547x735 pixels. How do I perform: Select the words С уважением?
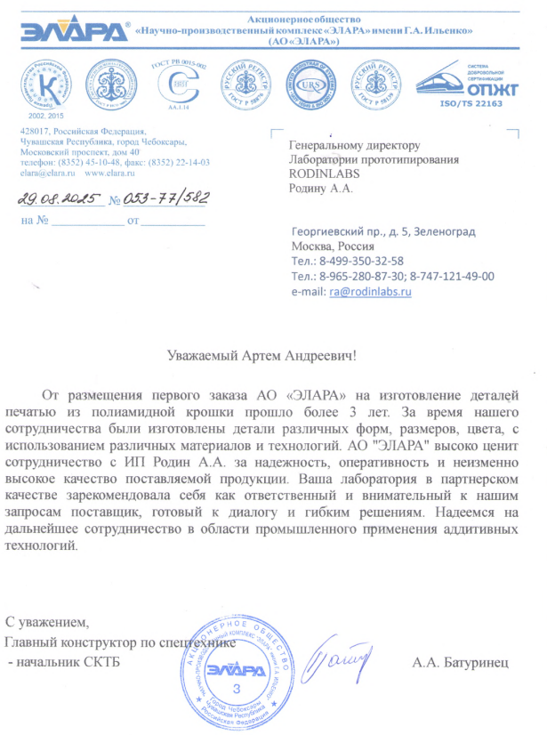click(x=48, y=621)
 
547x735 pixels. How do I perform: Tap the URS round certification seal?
click(x=305, y=83)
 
